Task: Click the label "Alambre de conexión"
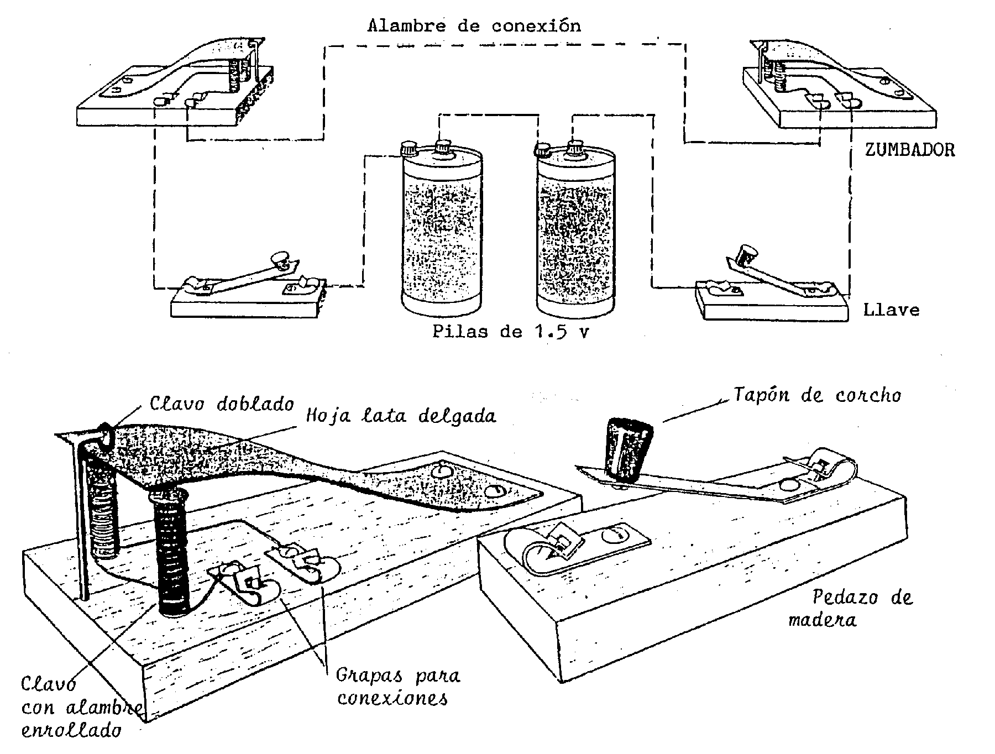(x=474, y=25)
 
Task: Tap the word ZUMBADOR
(x=910, y=150)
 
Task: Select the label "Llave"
(x=891, y=310)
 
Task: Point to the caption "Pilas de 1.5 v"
(x=510, y=332)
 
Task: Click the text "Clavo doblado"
(x=222, y=404)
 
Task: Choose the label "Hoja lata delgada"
(x=401, y=415)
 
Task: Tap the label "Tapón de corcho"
(x=817, y=395)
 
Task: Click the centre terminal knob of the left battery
(x=443, y=148)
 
